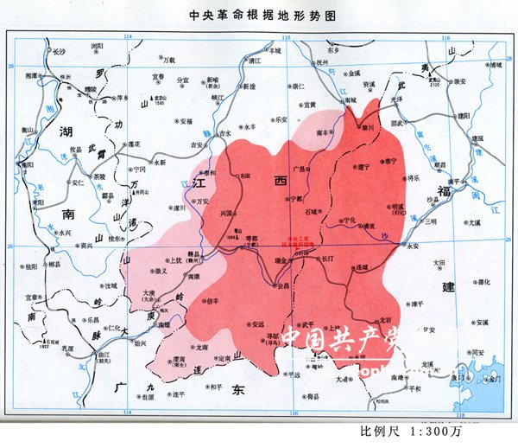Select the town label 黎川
pos(368,126)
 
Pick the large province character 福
pos(444,190)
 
